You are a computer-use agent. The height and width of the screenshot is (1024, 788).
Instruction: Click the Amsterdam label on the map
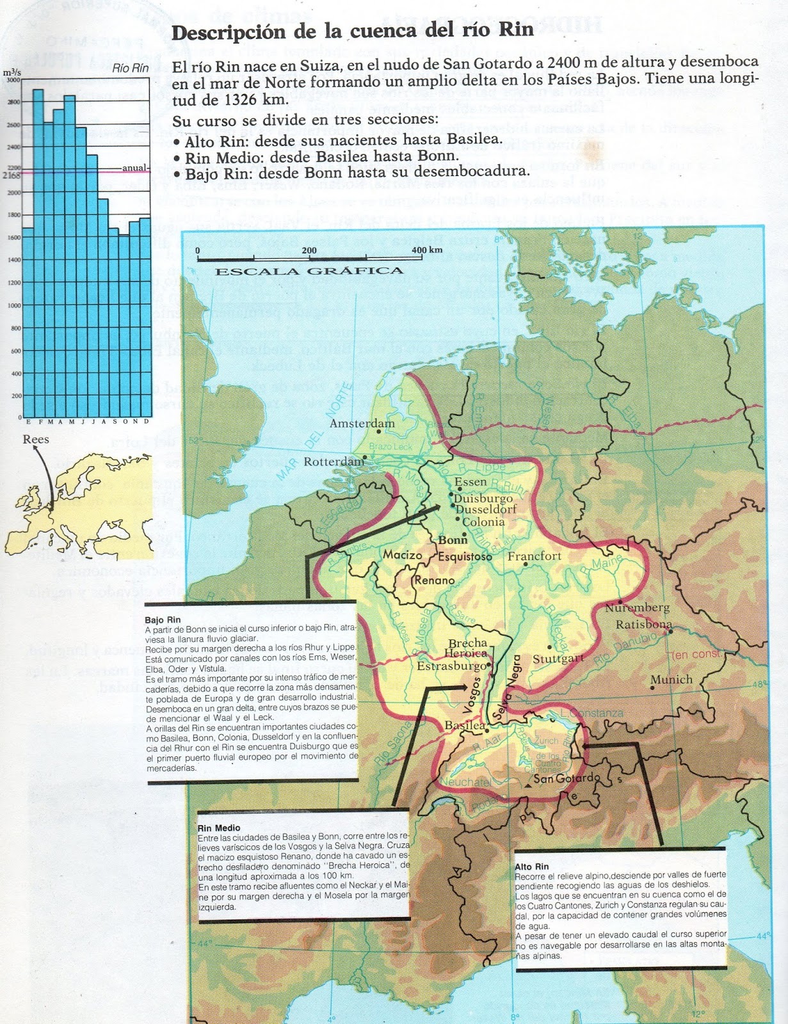[362, 424]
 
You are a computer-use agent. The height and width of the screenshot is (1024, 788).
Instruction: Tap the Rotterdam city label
[334, 462]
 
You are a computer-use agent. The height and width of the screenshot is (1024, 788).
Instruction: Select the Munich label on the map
[671, 680]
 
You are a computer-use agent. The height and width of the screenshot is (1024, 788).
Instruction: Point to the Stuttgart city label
[558, 658]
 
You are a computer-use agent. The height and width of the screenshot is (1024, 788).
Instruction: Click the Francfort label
[534, 556]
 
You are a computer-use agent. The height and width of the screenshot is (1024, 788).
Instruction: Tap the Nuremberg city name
[637, 607]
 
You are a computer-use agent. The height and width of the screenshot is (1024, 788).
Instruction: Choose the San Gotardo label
[567, 779]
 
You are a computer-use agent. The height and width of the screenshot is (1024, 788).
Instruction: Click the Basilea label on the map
[465, 726]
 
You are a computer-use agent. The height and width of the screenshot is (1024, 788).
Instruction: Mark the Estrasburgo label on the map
[452, 666]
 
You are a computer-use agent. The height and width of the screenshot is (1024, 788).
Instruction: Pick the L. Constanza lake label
[591, 713]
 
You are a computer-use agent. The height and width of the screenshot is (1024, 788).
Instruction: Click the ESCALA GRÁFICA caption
[309, 271]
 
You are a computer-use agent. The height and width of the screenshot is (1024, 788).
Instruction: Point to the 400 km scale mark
[427, 250]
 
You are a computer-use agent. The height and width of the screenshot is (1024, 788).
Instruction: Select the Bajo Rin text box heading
[163, 620]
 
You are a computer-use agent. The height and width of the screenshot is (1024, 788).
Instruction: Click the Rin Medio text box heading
[219, 828]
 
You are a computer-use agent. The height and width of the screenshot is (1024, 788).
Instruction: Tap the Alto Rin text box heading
[531, 867]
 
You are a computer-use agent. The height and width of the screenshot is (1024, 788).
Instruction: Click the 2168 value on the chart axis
[12, 175]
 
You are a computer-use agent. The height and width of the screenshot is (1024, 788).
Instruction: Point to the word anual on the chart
[134, 168]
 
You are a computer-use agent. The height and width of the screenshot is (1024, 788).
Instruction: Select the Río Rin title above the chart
[130, 68]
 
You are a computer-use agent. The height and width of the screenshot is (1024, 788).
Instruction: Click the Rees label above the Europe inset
[36, 439]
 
